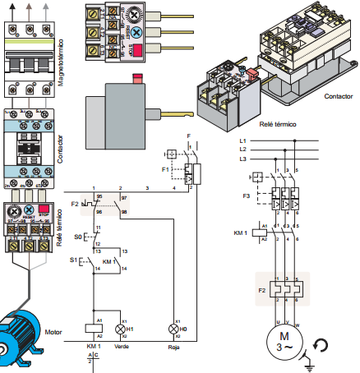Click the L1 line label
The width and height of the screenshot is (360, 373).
click(242, 141)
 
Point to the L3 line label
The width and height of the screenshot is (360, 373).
click(242, 159)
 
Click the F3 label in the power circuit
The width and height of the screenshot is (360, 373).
click(246, 196)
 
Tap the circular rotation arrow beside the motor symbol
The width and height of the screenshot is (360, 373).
click(323, 344)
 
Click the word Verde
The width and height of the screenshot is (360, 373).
click(122, 347)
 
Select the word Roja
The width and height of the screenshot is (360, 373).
click(173, 347)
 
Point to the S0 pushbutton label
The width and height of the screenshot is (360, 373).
click(79, 236)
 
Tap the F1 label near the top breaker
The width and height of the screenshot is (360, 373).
click(166, 168)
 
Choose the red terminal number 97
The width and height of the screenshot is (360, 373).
click(124, 198)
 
